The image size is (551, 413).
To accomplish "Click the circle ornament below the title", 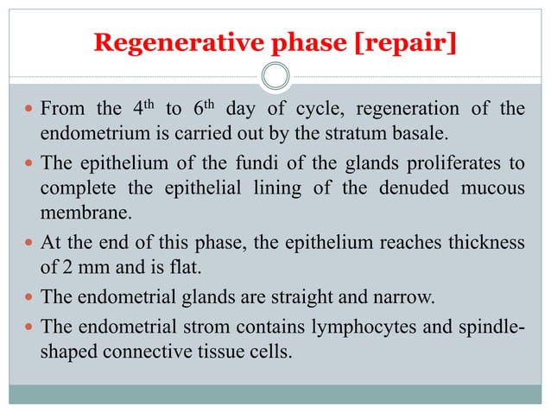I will pos(275,78).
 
